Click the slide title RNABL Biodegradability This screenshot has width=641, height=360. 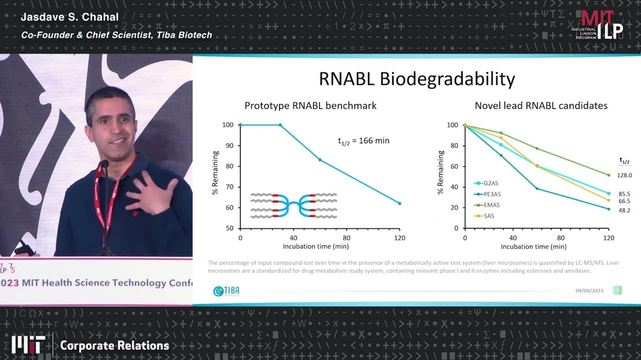(x=417, y=79)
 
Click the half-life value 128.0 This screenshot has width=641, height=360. (x=624, y=175)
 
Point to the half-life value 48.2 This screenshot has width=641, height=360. (x=624, y=210)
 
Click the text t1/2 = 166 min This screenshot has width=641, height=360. (x=363, y=141)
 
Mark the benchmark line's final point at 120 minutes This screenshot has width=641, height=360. (x=400, y=203)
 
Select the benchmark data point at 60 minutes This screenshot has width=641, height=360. (x=320, y=160)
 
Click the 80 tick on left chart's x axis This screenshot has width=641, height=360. (x=346, y=238)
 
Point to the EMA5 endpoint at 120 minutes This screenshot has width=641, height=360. (x=609, y=175)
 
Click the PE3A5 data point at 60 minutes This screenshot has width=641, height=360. (x=537, y=188)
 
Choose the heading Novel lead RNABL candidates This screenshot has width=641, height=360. (x=541, y=106)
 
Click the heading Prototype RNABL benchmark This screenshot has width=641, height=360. (x=310, y=106)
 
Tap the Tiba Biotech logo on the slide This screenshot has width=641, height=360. (x=226, y=291)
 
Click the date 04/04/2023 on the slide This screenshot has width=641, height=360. (x=589, y=291)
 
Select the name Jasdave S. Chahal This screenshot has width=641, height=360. (x=70, y=17)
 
